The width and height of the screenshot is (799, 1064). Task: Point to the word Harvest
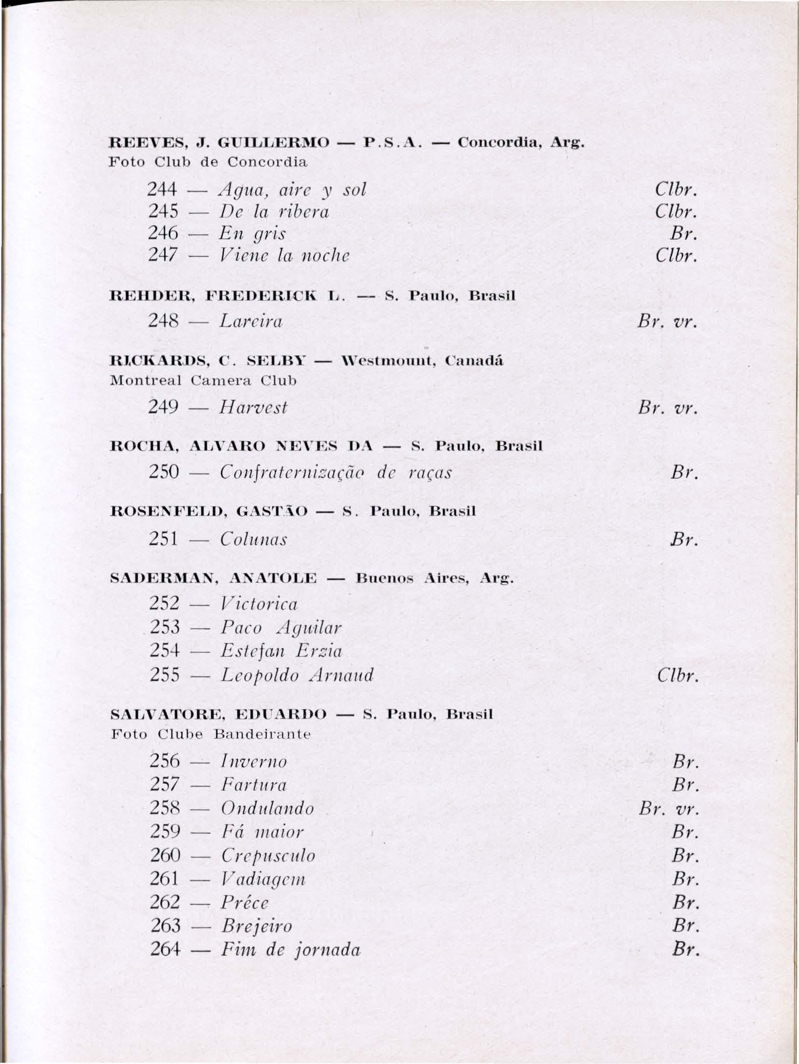253,408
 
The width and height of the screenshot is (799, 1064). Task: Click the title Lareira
251,321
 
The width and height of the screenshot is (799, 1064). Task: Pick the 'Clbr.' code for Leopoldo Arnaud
677,676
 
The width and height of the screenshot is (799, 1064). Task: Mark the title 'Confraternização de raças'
336,472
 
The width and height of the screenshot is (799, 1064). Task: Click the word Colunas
253,539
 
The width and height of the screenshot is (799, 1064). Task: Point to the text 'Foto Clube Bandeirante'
211,734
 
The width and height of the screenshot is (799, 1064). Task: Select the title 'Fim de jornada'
291,949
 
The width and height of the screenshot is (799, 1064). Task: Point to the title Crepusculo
268,855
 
